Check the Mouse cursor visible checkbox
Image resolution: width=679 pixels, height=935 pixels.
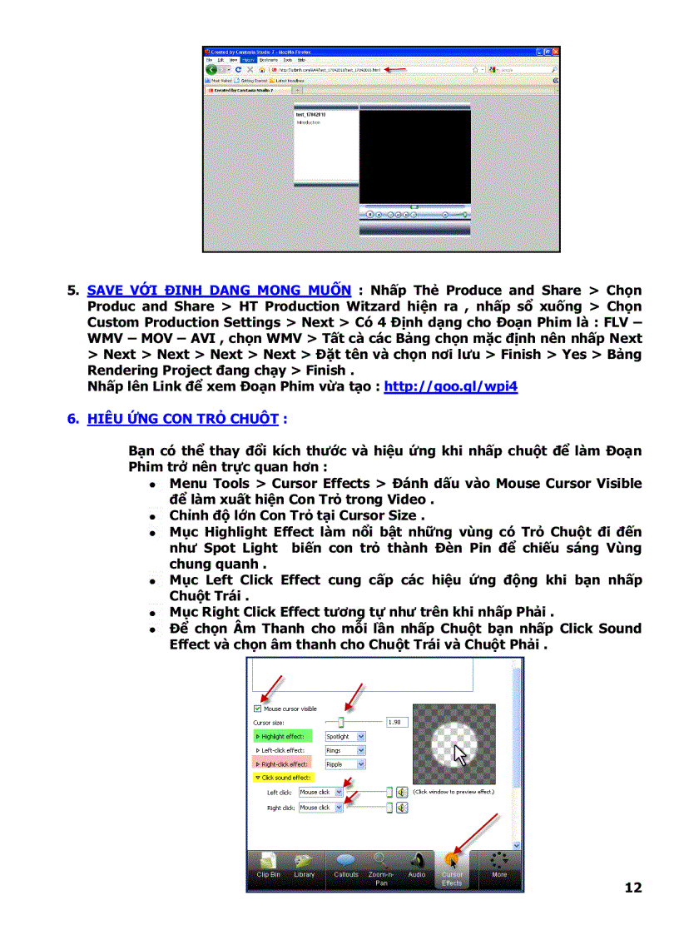coord(257,709)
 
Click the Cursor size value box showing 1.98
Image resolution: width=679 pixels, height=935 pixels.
coord(397,723)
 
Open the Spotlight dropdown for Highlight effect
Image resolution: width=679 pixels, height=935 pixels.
coord(344,737)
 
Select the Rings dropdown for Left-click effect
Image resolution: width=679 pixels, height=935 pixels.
coord(344,750)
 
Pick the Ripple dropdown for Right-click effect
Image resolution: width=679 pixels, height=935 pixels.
coord(344,764)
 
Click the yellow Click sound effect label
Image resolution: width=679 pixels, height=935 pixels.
coord(282,778)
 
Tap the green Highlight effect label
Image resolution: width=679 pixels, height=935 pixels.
coord(282,737)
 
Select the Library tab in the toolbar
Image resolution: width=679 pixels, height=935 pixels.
coord(305,866)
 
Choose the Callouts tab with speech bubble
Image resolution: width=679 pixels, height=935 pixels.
coord(345,866)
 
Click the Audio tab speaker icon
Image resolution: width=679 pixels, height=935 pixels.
coord(417,866)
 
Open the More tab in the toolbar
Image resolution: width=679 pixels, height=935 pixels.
coord(499,866)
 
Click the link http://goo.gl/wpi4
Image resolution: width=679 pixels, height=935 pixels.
coord(450,387)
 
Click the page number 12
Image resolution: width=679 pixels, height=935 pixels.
coord(633,888)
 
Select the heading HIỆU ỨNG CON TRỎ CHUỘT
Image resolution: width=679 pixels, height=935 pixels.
coord(183,419)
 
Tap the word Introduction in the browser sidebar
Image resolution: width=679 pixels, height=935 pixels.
coord(308,122)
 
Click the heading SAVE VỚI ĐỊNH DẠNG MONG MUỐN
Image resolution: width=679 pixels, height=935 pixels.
coord(219,291)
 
